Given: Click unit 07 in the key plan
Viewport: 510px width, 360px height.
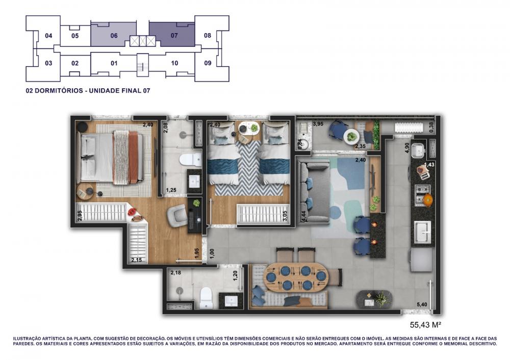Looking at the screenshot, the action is (172, 35).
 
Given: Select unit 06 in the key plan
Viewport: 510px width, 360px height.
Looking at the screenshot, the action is (113, 35).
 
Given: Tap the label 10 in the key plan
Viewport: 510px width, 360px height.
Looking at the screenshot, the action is (174, 63).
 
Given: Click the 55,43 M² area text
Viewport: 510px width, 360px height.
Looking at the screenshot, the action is (425, 324).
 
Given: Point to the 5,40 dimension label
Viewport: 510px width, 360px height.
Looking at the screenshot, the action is (422, 305).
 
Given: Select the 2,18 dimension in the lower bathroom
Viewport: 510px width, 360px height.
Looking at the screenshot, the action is (175, 272).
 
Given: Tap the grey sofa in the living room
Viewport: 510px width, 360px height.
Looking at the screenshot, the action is (314, 191).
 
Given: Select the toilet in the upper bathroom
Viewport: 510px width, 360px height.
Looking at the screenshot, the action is (191, 160).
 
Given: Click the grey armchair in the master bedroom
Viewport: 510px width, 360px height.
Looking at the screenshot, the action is (177, 215).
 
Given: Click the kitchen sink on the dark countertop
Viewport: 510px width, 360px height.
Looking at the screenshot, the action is (422, 232).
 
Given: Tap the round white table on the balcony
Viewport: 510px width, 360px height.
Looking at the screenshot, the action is (351, 136).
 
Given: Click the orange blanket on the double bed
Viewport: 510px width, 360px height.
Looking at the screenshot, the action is (133, 159).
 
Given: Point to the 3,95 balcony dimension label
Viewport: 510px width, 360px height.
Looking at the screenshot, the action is (318, 124).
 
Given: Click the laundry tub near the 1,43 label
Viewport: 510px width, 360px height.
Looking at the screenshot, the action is (418, 149).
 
